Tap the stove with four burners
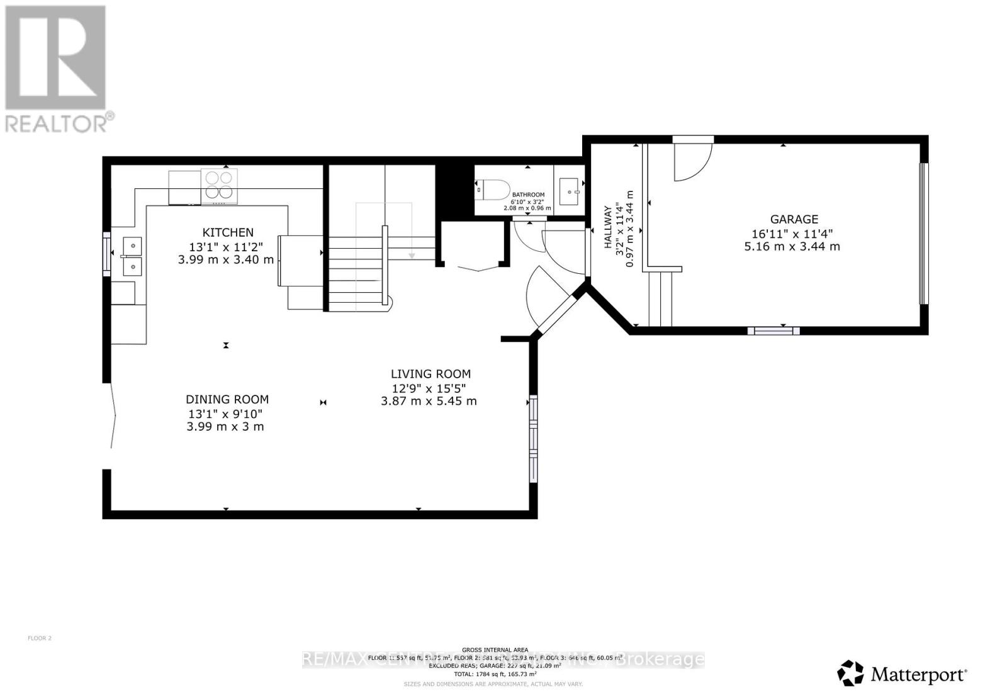point(219,184)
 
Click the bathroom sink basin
point(570,191)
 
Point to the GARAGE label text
point(794,219)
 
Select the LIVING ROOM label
point(430,373)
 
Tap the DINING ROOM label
point(227,399)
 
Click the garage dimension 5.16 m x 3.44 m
point(792,247)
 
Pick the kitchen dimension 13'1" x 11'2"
point(226,247)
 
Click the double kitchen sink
point(132,256)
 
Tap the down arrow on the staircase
point(412,254)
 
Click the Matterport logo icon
point(850,673)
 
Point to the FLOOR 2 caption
point(40,638)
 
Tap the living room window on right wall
point(534,439)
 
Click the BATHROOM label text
point(528,195)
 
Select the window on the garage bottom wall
point(773,331)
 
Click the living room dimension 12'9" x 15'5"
point(429,388)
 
